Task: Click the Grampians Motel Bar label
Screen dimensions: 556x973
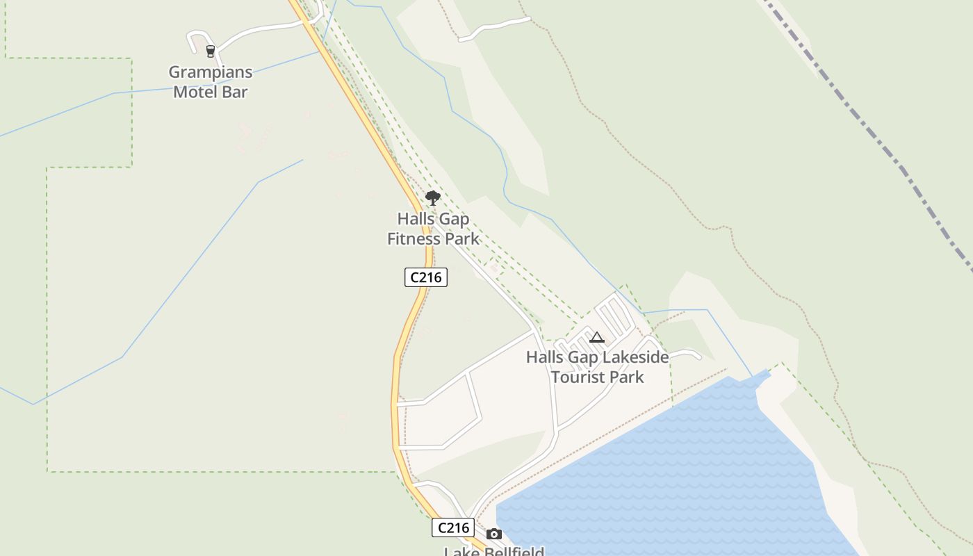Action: coord(211,82)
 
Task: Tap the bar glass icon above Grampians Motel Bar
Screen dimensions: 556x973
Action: coord(211,51)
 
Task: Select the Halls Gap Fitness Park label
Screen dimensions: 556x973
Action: coord(433,229)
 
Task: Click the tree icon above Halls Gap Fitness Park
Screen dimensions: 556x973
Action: coord(432,198)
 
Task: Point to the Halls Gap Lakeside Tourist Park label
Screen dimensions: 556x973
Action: coord(597,367)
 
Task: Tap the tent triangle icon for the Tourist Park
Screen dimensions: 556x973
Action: coord(596,338)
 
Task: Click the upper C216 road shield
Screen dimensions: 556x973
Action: coord(426,277)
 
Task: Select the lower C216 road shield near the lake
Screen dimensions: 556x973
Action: coord(453,528)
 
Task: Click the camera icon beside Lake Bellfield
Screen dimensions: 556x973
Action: coord(494,534)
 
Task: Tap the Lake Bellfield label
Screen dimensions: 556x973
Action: coord(493,551)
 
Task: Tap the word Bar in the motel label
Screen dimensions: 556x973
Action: coord(235,92)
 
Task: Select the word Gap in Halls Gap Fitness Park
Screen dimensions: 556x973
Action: coord(454,219)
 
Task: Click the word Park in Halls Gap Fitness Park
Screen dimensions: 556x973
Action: coord(459,238)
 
